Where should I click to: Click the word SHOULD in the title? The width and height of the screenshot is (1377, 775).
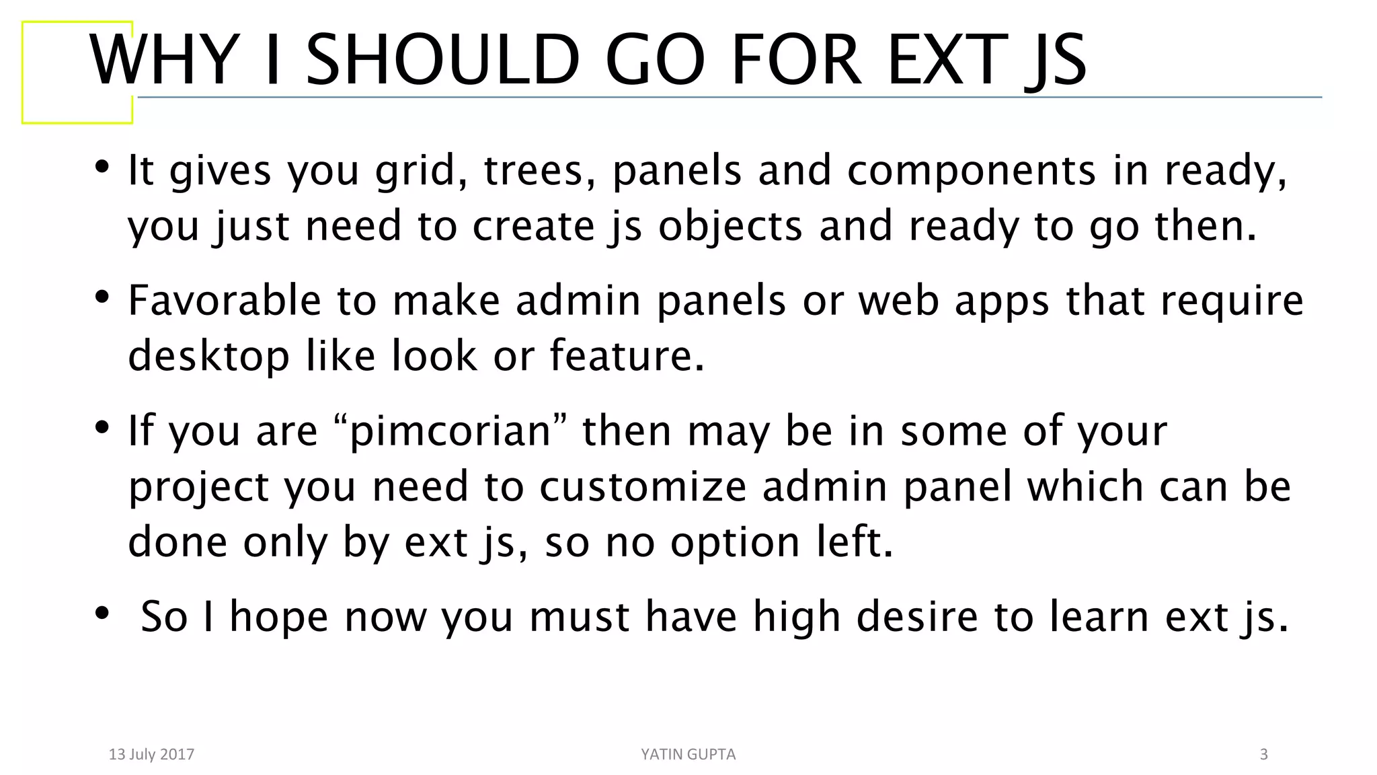tap(442, 61)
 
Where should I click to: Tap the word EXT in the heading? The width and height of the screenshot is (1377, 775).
tap(947, 61)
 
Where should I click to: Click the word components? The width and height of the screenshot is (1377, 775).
tap(971, 171)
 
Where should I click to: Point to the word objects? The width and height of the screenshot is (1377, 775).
tap(730, 227)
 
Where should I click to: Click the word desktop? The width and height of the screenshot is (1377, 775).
tap(208, 357)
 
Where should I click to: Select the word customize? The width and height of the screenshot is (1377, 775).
tap(643, 486)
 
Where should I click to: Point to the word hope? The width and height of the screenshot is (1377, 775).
tap(279, 616)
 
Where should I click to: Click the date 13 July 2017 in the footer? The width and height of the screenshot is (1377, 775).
tap(151, 754)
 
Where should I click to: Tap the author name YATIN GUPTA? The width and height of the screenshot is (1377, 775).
tap(688, 754)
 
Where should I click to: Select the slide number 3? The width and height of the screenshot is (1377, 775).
tap(1263, 754)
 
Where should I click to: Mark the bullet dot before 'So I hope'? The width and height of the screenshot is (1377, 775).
tap(102, 613)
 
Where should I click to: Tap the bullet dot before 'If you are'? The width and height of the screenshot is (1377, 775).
tap(102, 427)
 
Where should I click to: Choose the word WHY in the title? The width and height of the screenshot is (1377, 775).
tap(165, 61)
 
